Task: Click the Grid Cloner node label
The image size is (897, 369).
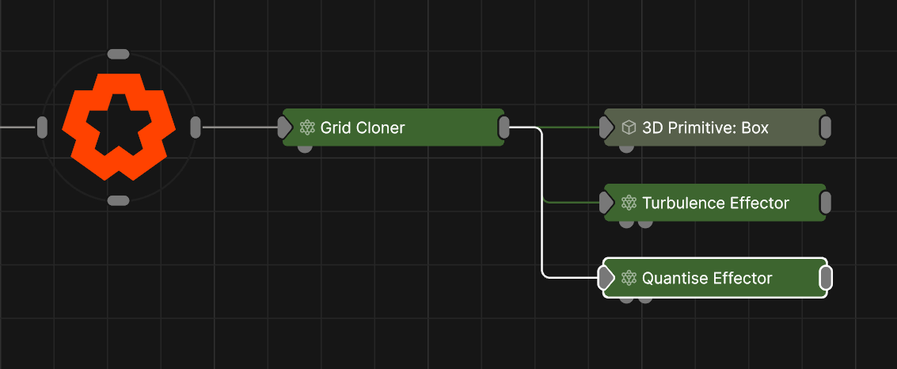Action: point(362,127)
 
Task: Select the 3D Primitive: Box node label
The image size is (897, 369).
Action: point(705,127)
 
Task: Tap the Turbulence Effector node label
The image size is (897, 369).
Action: point(715,204)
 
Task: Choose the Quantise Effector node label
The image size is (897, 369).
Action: point(706,278)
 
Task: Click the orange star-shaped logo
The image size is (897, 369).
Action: point(118,127)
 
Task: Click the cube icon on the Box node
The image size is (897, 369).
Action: point(629,127)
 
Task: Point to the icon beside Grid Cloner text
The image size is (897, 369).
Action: point(307,127)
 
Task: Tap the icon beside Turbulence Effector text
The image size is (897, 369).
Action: point(629,204)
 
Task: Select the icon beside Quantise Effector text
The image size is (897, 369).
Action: point(629,278)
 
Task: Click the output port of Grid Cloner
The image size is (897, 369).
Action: point(504,127)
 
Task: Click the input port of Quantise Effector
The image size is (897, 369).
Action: point(606,278)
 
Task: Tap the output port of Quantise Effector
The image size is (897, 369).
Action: point(825,278)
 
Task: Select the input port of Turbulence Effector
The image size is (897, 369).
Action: point(606,204)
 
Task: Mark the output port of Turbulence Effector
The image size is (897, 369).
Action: point(825,204)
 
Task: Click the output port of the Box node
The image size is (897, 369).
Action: point(825,127)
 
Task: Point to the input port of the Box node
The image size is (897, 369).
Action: point(606,127)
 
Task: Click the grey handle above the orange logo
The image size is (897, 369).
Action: point(118,54)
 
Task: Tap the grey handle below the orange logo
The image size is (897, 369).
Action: point(118,200)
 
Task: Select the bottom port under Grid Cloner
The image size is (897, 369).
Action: point(304,148)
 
